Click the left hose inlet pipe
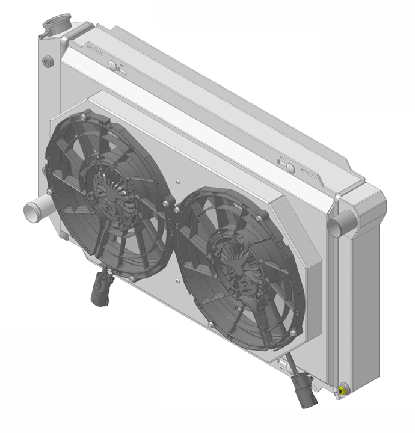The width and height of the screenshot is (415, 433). click(33, 211)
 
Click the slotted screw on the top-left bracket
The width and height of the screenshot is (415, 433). click(112, 65)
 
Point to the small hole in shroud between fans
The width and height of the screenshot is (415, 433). click(179, 179)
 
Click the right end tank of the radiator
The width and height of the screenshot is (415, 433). click(360, 289)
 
